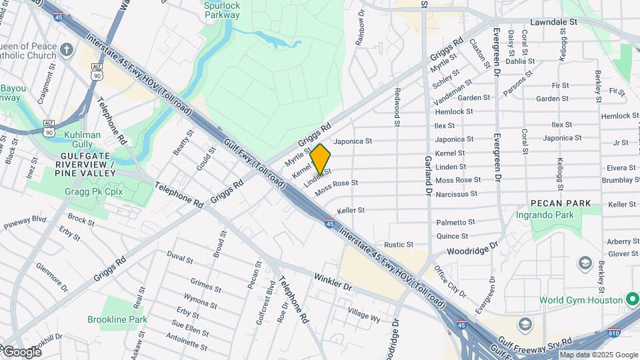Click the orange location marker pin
point(320,159)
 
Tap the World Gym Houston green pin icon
point(631,299)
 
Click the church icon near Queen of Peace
point(67,49)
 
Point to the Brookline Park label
point(117,320)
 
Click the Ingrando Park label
point(545,215)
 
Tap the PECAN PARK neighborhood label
point(561,203)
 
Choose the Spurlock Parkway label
point(222,9)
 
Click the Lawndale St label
point(553,22)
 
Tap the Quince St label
point(452,236)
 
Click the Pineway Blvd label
point(25,221)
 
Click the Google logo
point(22,351)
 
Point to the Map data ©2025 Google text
point(598,355)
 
